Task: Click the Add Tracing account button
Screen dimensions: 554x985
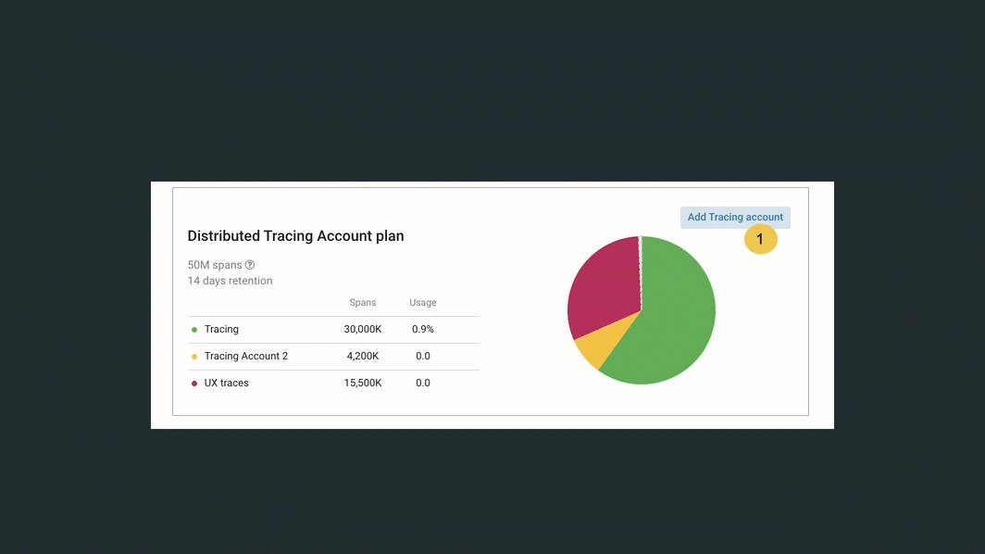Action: pos(735,217)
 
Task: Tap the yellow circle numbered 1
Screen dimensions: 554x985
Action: pos(760,240)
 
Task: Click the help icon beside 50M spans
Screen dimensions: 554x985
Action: pos(250,265)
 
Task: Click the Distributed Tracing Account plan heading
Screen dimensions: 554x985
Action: pos(295,236)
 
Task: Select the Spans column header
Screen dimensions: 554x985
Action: pos(362,303)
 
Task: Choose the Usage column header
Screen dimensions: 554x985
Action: pos(423,303)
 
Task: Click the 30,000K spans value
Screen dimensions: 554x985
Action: pos(363,329)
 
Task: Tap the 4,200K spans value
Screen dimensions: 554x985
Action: pos(363,356)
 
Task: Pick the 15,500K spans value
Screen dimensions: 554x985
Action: pos(363,383)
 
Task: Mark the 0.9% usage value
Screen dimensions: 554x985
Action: pos(423,329)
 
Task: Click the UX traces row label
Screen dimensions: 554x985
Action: pos(227,383)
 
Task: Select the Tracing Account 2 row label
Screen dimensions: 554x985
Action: pos(246,356)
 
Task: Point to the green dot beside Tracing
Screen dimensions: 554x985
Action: pos(194,330)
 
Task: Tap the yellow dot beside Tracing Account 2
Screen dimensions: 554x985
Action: pos(194,357)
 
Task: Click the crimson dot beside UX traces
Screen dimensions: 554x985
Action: pos(194,384)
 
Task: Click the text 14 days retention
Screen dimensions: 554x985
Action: pos(230,281)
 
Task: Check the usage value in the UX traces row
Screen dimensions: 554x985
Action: pos(423,383)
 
